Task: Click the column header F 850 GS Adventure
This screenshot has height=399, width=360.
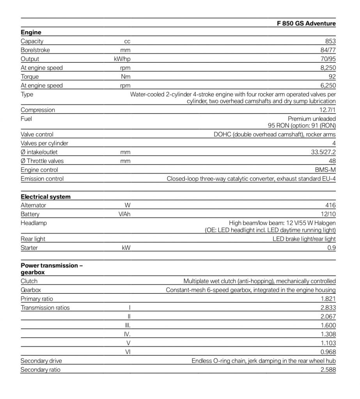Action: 306,24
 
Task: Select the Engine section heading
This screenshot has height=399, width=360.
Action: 31,33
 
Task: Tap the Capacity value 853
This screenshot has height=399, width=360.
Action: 330,41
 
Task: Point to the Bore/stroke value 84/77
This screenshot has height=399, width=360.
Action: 327,50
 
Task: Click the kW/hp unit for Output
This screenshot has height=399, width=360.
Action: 120,59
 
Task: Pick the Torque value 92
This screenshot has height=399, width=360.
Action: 332,77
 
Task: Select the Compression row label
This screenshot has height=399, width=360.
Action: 38,110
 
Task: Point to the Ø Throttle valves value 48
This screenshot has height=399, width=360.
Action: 332,161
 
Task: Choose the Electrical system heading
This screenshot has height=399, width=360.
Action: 46,197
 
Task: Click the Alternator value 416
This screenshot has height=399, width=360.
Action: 330,205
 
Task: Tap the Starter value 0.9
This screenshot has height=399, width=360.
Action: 332,248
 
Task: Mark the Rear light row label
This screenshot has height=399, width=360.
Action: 33,239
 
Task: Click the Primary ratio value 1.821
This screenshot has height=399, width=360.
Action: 328,299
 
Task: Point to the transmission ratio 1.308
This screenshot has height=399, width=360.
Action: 328,334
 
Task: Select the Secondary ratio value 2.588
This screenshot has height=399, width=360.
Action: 328,370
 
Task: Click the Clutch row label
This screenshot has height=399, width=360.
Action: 29,281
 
